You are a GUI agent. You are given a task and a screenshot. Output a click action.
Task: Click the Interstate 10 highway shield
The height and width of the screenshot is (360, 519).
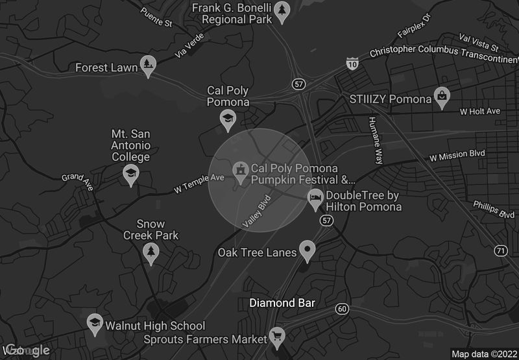coord(352,64)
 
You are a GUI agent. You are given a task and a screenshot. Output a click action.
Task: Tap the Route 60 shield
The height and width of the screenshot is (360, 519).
coord(343,308)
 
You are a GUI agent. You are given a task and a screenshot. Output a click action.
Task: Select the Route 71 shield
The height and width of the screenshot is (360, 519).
coord(500,250)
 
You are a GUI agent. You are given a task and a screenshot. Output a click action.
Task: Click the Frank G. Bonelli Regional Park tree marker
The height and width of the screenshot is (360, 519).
coord(281,11)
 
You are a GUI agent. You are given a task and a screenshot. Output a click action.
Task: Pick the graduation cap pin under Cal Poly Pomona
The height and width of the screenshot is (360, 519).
coord(228,119)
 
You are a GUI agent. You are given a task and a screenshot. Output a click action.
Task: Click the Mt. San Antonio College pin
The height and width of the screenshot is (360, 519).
coord(131,174)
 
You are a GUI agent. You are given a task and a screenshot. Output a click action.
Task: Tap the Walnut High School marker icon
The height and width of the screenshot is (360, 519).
coord(95,324)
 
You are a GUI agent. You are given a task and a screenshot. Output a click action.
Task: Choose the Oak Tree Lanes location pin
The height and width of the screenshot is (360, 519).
coord(307,250)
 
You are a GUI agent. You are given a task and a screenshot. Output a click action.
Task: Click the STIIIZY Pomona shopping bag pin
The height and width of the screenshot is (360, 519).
coord(442,97)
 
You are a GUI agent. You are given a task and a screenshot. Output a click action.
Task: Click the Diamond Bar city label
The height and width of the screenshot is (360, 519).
coord(282,303)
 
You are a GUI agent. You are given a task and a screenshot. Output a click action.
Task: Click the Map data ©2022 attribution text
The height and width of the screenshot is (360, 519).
coord(483,354)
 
